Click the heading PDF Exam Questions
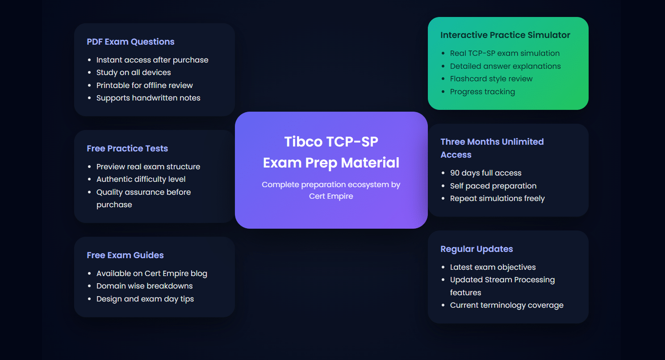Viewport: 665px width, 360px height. [130, 42]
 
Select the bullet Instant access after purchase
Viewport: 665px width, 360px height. [152, 60]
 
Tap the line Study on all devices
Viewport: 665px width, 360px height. [134, 72]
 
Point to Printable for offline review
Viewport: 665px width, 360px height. [145, 85]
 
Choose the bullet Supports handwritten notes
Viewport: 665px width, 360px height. [148, 98]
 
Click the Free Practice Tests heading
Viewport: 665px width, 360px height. [127, 149]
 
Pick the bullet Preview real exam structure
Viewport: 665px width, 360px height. [148, 167]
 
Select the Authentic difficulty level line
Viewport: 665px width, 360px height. [141, 179]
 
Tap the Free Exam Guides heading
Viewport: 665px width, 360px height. [125, 255]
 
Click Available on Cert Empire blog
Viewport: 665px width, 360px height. [152, 273]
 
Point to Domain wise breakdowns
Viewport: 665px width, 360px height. [145, 286]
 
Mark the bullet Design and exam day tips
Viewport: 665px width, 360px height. [145, 299]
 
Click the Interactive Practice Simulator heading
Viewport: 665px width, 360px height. [505, 35]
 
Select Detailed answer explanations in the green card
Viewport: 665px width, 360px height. [505, 66]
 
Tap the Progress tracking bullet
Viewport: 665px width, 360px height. [482, 92]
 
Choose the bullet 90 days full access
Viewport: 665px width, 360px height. [486, 173]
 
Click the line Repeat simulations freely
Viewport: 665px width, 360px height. [498, 198]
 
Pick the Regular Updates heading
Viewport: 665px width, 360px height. [477, 249]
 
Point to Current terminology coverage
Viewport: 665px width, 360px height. [507, 305]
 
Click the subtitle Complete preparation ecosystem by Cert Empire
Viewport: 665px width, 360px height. [331, 190]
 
